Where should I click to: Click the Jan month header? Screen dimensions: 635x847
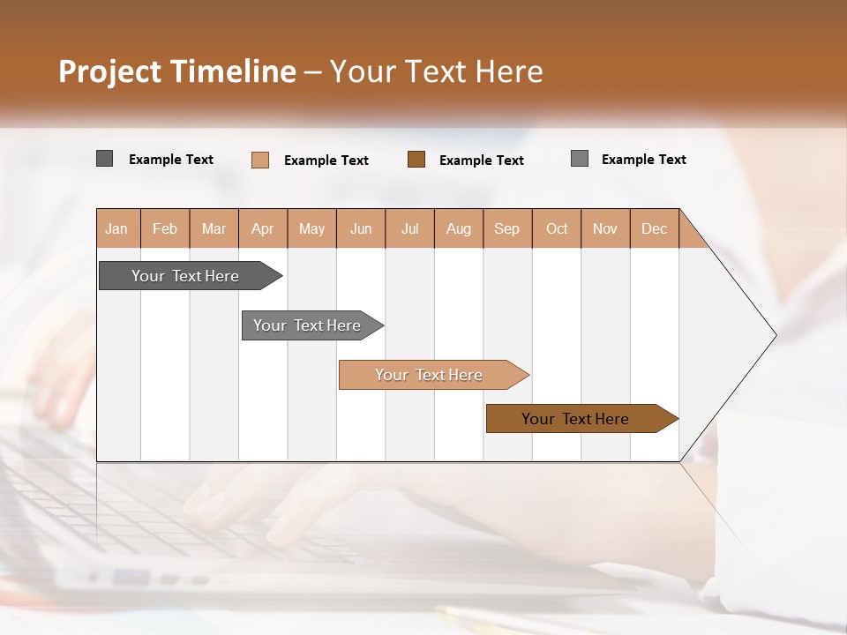pos(116,228)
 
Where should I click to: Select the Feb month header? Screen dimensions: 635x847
pos(165,228)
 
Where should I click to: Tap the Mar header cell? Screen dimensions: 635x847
pos(214,228)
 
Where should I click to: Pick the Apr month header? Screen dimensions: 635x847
pos(263,228)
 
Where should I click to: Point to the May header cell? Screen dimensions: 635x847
pos(311,228)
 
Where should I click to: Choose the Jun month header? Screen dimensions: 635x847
pos(361,228)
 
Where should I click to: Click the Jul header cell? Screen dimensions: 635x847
pos(409,228)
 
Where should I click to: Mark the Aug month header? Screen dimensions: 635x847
pos(459,228)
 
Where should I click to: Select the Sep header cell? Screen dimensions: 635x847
pos(507,228)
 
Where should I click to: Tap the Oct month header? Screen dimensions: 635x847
pos(557,228)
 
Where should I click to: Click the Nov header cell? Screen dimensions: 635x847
pos(605,228)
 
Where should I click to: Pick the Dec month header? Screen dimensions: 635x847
pos(654,228)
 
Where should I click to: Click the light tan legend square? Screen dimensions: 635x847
pos(260,160)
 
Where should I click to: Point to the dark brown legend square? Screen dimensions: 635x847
pos(416,160)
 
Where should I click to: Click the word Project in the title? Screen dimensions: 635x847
pos(110,71)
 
